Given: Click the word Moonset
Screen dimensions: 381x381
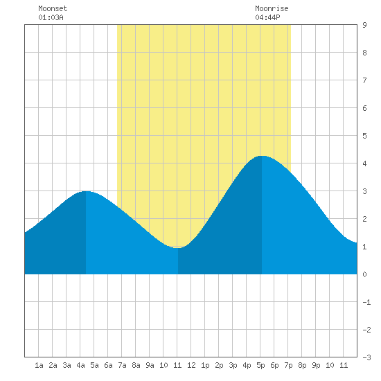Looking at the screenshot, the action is click(x=53, y=8).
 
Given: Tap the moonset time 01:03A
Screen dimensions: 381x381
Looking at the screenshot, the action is click(x=51, y=17).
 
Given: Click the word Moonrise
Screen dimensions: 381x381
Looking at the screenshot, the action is click(x=272, y=8).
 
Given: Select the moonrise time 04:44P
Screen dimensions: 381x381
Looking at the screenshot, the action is click(x=267, y=17).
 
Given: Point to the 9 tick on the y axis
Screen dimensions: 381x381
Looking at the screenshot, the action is click(x=364, y=25).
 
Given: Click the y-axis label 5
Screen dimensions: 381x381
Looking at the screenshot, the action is click(x=364, y=136).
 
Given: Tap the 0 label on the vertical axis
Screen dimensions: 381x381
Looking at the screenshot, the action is click(x=364, y=274).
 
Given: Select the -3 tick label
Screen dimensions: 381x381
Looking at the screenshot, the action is click(x=366, y=357).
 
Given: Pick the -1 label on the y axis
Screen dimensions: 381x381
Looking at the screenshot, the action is click(x=366, y=302).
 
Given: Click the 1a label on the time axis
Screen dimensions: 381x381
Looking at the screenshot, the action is click(x=39, y=365).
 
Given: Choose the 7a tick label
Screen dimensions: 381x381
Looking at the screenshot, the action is click(x=122, y=365).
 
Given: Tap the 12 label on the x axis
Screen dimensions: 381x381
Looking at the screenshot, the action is click(x=191, y=365).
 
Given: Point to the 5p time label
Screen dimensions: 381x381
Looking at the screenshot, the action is click(x=260, y=365).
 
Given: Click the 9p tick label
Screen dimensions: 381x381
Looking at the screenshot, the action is click(x=316, y=365).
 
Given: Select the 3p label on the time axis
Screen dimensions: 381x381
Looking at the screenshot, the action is click(x=233, y=365).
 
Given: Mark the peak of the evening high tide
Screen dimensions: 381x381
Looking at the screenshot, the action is click(x=262, y=156).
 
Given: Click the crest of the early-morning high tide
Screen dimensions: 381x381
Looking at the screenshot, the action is click(x=86, y=191).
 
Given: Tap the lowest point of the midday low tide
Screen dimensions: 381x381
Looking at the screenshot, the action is click(x=178, y=248).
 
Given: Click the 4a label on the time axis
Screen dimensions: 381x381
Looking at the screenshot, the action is click(x=80, y=365).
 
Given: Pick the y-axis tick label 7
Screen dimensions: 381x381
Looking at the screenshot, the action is click(x=364, y=80).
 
